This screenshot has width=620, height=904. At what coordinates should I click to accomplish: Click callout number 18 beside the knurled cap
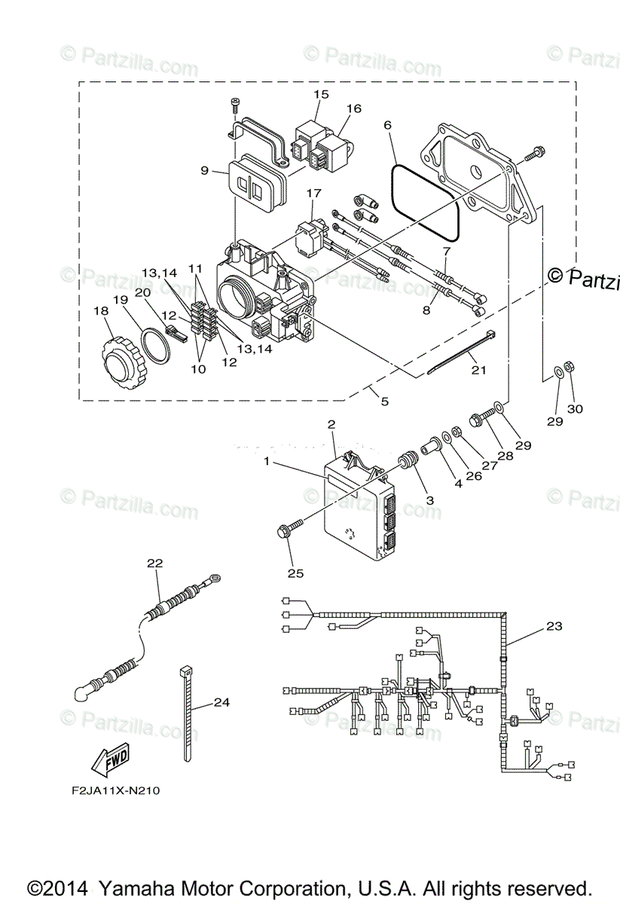[x=100, y=311]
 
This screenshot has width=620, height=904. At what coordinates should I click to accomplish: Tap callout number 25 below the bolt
[x=295, y=573]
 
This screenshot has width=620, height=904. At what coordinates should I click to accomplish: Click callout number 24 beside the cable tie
[x=221, y=703]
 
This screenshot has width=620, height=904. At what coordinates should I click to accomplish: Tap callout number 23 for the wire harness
[x=554, y=626]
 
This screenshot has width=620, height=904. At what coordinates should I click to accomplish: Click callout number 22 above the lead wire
[x=154, y=563]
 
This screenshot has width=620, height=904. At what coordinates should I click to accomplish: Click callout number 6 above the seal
[x=389, y=126]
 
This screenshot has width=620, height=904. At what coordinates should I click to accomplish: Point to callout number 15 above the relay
[x=322, y=94]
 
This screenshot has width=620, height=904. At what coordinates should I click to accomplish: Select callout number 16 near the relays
[x=354, y=108]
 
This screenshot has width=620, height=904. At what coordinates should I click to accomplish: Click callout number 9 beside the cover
[x=204, y=171]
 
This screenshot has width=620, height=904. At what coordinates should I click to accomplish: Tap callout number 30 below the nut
[x=576, y=409]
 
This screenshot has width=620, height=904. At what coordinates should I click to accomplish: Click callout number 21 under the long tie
[x=479, y=369]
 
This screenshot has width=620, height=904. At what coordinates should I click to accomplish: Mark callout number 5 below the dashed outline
[x=385, y=402]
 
